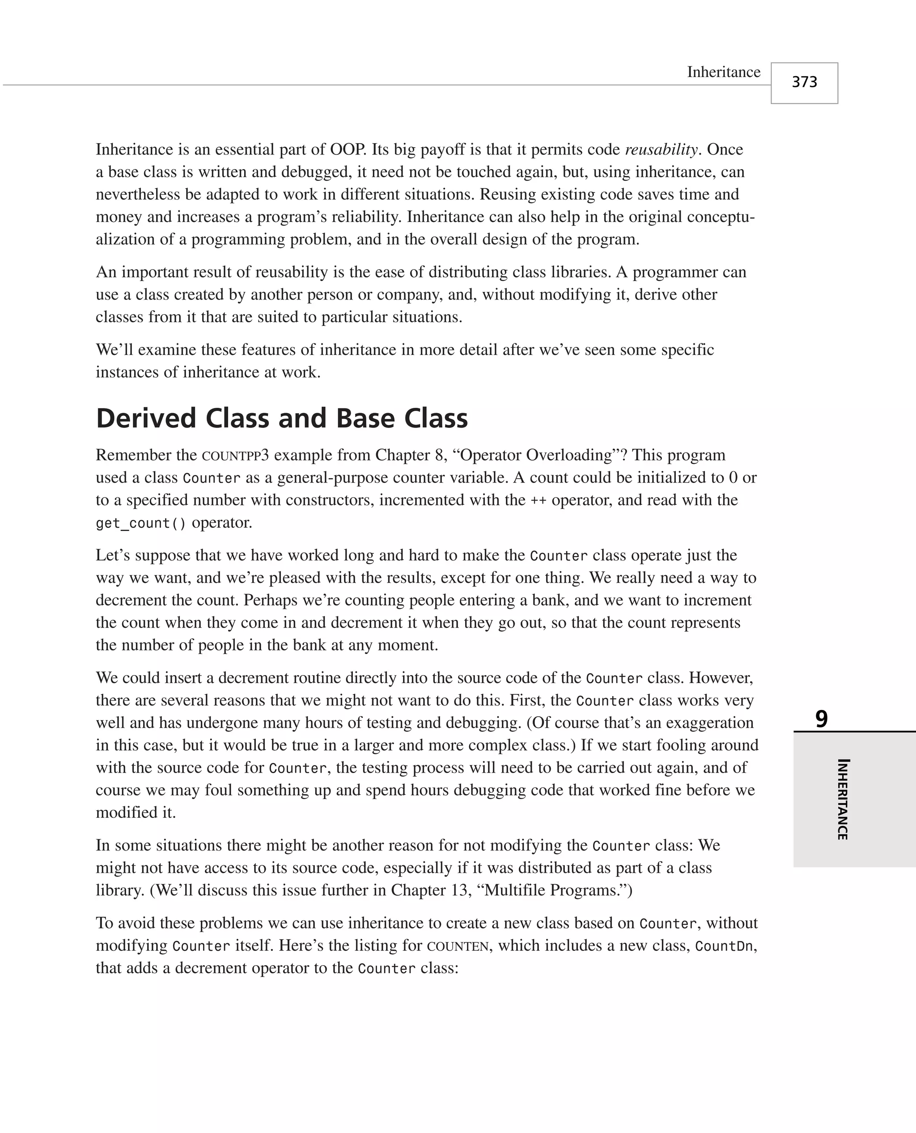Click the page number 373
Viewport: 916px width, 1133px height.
click(804, 82)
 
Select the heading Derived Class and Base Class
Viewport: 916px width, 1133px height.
click(282, 418)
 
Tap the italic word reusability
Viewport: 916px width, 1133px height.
click(661, 150)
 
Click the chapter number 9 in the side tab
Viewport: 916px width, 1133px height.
click(821, 719)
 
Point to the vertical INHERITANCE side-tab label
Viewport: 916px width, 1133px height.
click(843, 799)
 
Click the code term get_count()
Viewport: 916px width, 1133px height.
click(141, 523)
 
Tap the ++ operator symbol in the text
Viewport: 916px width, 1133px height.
click(538, 500)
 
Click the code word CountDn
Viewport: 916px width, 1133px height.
click(724, 945)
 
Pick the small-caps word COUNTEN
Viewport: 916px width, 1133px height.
click(458, 945)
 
